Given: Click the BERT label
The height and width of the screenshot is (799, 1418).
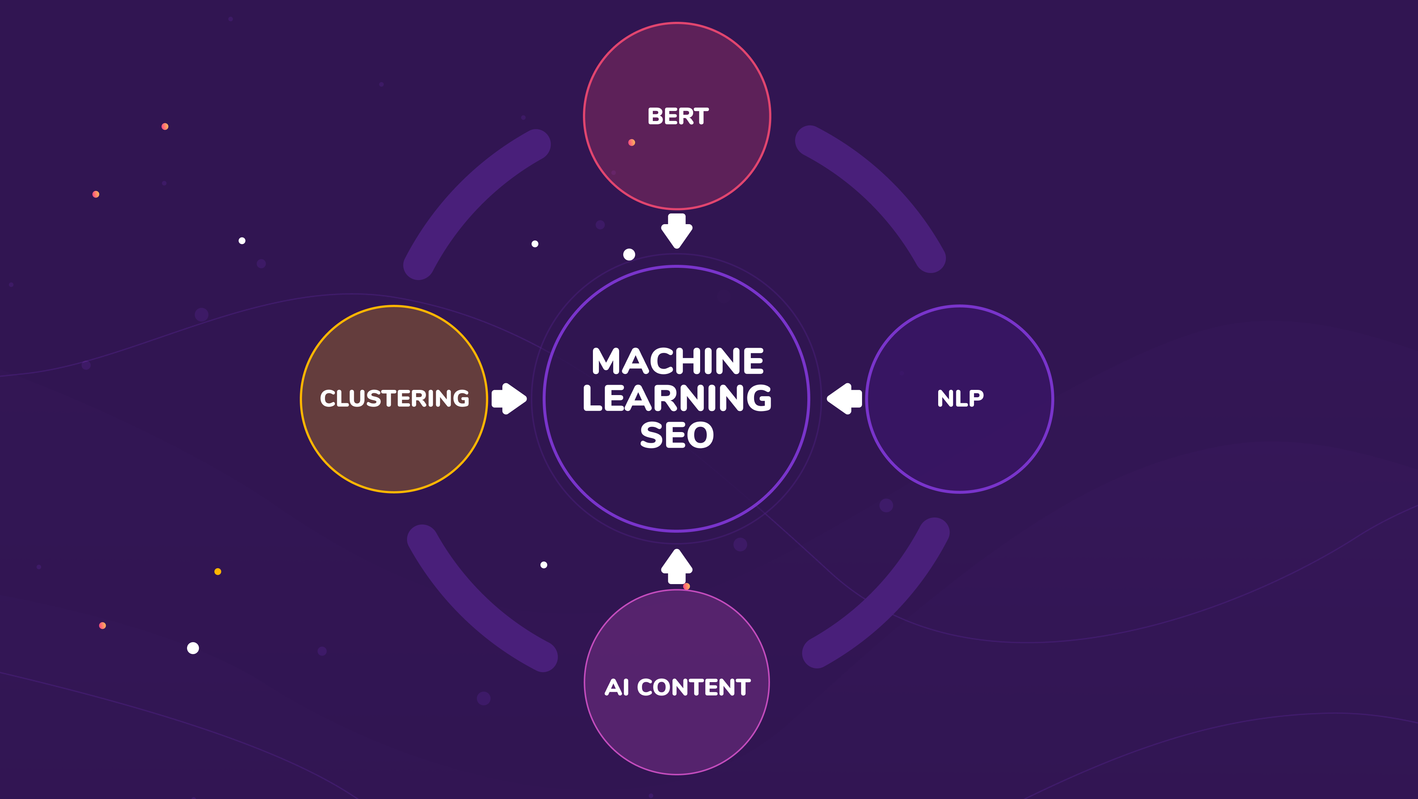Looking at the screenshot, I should point(678,117).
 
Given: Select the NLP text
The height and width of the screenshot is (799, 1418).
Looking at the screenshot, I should point(960,398).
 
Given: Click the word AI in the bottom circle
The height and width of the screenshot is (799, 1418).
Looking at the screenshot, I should point(617,687).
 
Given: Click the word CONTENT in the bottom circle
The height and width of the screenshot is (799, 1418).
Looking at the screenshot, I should point(693,687).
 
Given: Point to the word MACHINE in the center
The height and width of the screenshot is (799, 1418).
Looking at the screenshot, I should point(677,361).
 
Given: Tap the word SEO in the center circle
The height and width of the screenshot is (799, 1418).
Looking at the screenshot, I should point(677,436).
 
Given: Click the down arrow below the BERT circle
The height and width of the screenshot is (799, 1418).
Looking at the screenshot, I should point(676,231).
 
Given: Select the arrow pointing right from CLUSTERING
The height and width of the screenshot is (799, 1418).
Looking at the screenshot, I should point(509,398).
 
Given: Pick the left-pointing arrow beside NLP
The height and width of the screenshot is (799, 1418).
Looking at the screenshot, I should point(844,398).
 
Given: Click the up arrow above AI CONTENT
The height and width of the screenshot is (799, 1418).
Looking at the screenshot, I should point(676,566).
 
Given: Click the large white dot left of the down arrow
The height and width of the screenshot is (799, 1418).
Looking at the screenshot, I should point(629,254).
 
